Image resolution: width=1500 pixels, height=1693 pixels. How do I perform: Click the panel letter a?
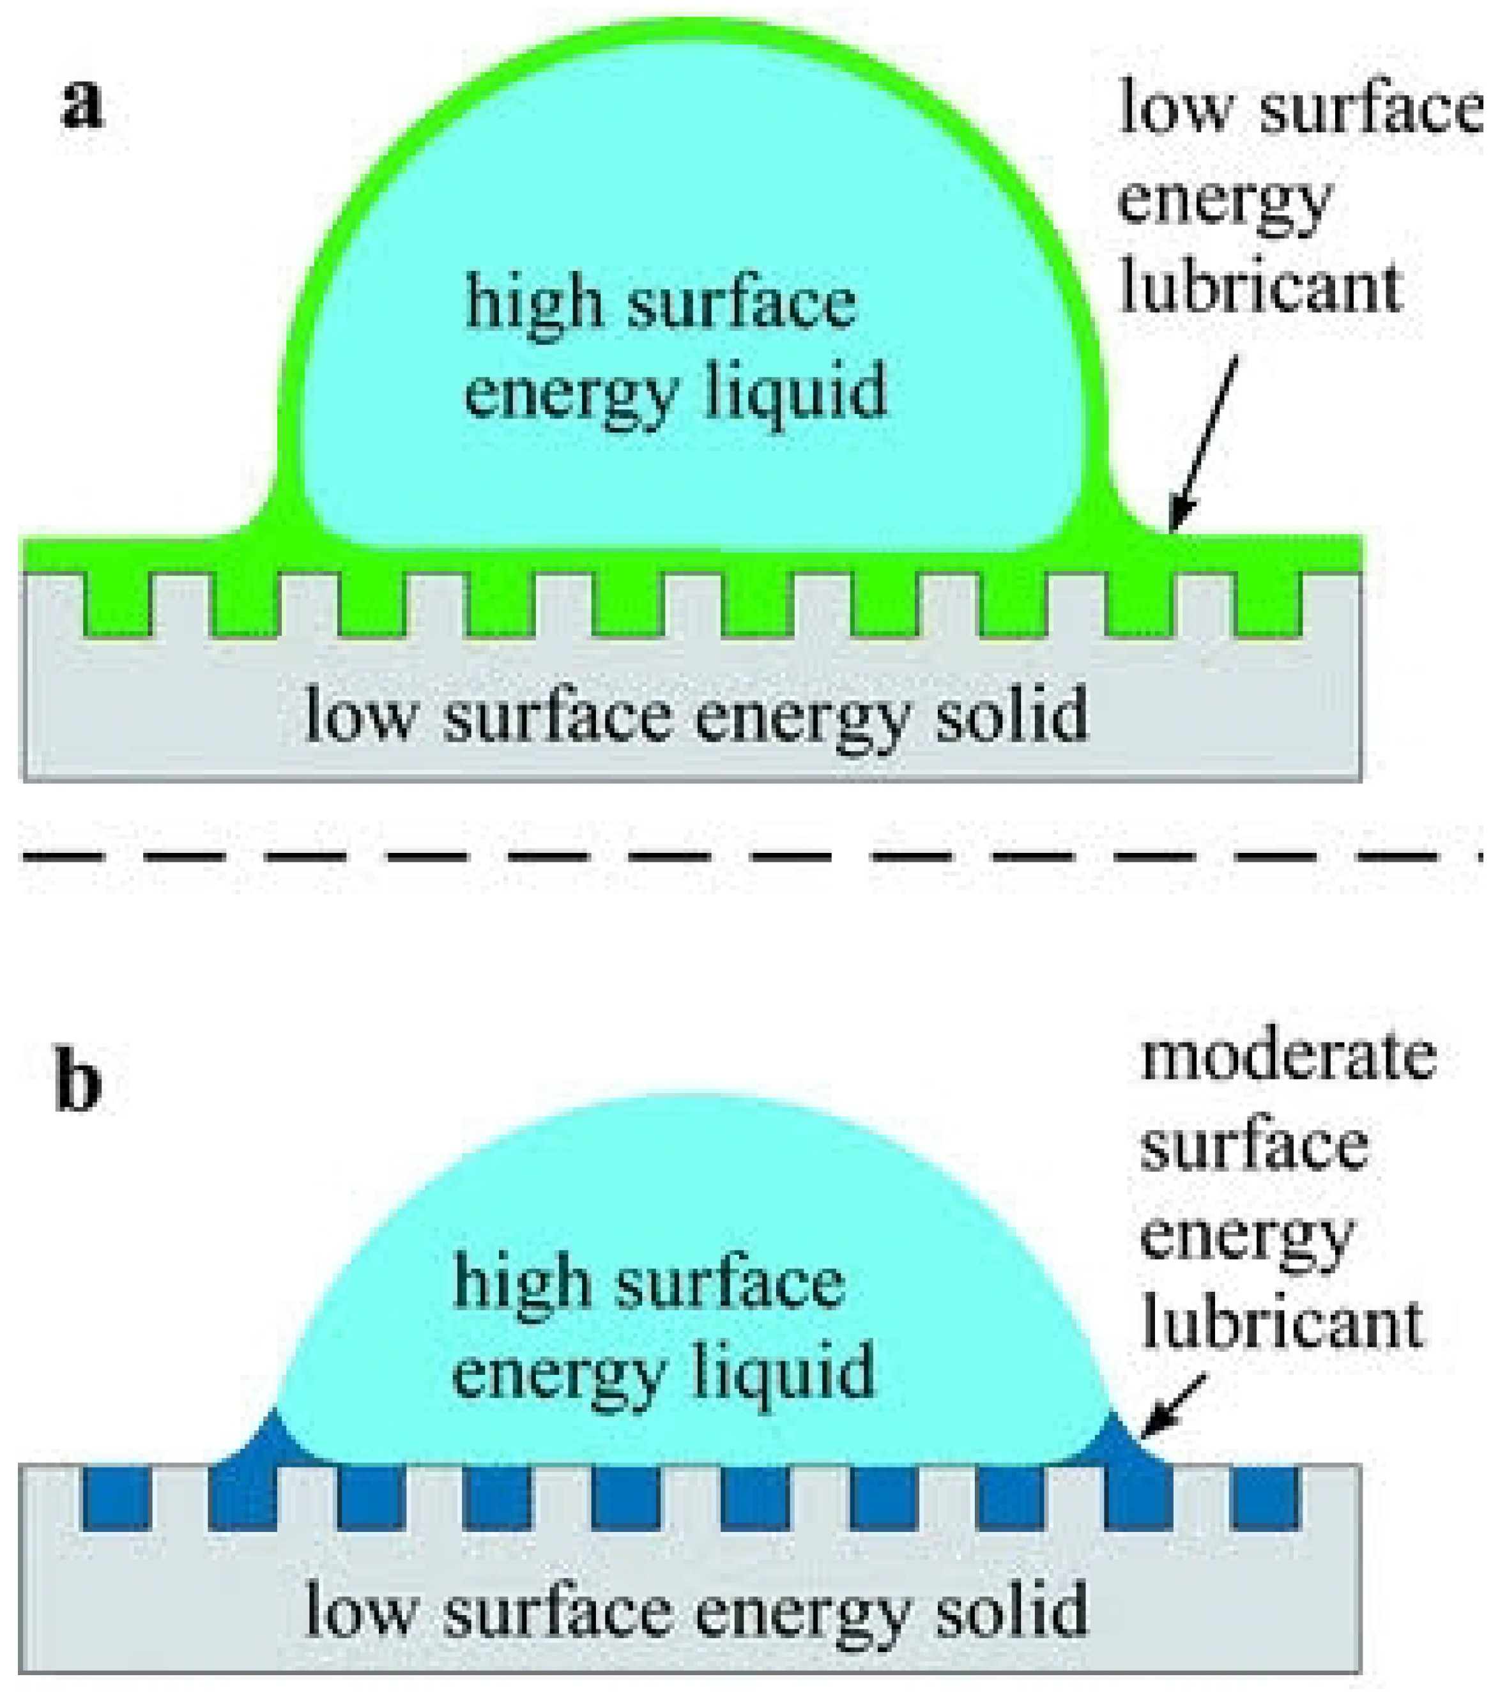click(x=83, y=109)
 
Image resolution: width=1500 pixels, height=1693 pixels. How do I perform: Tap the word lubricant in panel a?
click(x=1260, y=287)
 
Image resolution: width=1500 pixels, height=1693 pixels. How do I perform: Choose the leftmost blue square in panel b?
click(x=117, y=1498)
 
